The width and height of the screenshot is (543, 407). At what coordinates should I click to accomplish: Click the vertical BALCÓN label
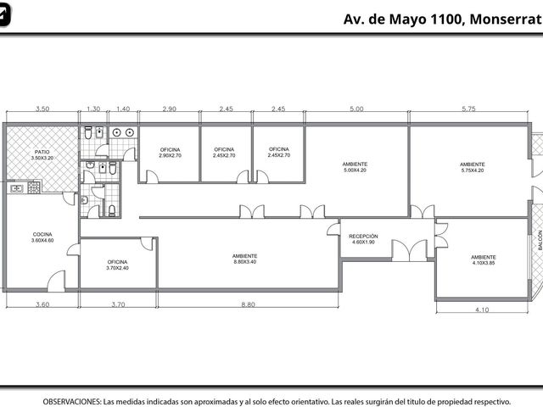coord(540,240)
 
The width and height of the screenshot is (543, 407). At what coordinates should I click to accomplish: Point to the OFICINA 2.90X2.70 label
coord(170,153)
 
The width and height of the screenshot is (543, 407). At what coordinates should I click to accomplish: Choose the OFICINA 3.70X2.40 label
coord(117,265)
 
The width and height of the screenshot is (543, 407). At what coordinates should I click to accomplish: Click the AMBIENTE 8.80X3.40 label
coord(245,259)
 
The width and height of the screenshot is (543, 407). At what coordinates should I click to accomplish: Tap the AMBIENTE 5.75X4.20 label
coord(473,167)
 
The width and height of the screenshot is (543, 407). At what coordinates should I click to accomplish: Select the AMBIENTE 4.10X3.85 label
coord(484,260)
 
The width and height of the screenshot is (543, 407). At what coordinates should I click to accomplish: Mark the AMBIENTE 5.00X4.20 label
coord(355,167)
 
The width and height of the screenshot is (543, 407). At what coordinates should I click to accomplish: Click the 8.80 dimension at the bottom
coord(248,304)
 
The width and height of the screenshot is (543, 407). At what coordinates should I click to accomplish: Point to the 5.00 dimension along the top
coord(356,109)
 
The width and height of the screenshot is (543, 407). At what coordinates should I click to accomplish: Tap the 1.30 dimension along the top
coord(93,109)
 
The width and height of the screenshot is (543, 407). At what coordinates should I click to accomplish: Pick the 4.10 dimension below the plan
coord(482,309)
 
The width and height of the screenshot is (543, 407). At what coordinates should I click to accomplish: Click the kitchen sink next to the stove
coord(17,188)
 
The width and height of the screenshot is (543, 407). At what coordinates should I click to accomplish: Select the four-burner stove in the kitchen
coord(34,187)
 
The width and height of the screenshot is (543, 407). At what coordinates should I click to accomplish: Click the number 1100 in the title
coord(447,19)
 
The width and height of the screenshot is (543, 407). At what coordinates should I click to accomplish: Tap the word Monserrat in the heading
coord(506,19)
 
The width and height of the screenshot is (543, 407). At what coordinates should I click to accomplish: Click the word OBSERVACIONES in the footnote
coord(72,402)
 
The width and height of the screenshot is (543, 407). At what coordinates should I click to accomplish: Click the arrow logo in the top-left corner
coord(4,14)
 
